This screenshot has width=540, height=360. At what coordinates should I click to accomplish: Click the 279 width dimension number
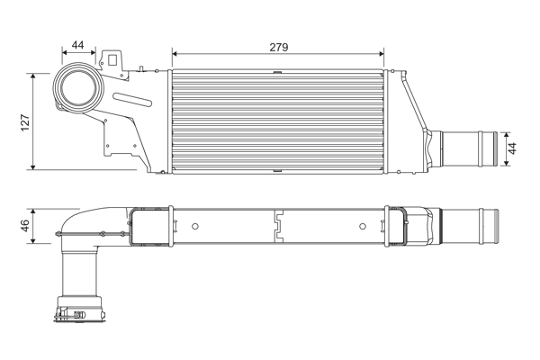tap(278, 47)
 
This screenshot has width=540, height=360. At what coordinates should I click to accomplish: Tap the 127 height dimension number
tap(26, 121)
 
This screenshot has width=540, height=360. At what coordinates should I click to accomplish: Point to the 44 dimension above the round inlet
tap(77, 45)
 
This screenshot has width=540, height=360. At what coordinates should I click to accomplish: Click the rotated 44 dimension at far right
tap(512, 148)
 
